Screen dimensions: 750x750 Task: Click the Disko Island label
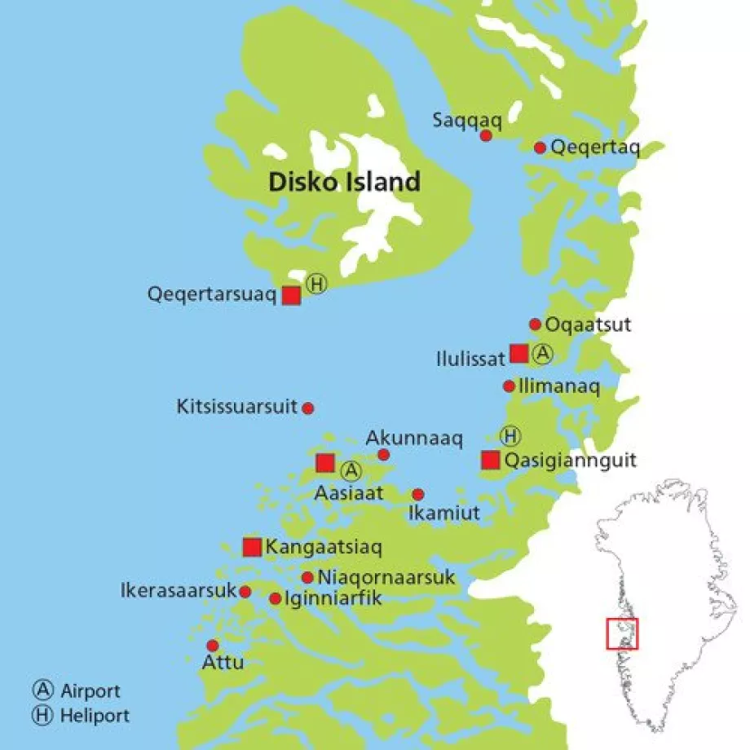(344, 181)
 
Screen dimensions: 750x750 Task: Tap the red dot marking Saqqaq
(486, 135)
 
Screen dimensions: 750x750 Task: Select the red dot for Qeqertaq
(540, 148)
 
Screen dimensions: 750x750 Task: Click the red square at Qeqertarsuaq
(291, 295)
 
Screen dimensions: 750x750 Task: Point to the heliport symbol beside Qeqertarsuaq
(316, 284)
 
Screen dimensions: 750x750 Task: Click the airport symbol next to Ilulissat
(543, 354)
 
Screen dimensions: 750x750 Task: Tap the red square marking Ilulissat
(519, 353)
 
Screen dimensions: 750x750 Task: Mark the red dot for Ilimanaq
(509, 386)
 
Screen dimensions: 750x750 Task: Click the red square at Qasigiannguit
(490, 460)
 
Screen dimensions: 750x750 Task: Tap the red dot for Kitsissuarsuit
(308, 408)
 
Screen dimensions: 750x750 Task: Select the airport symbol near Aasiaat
(351, 470)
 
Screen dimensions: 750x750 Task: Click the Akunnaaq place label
(413, 439)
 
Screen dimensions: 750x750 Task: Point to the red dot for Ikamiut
(418, 494)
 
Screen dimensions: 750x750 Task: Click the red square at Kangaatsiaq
(252, 547)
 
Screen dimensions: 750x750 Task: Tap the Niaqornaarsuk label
(386, 578)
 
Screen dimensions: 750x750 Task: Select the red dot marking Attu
(213, 645)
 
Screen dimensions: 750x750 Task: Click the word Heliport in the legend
(95, 716)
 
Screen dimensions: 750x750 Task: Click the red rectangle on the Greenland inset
(623, 634)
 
